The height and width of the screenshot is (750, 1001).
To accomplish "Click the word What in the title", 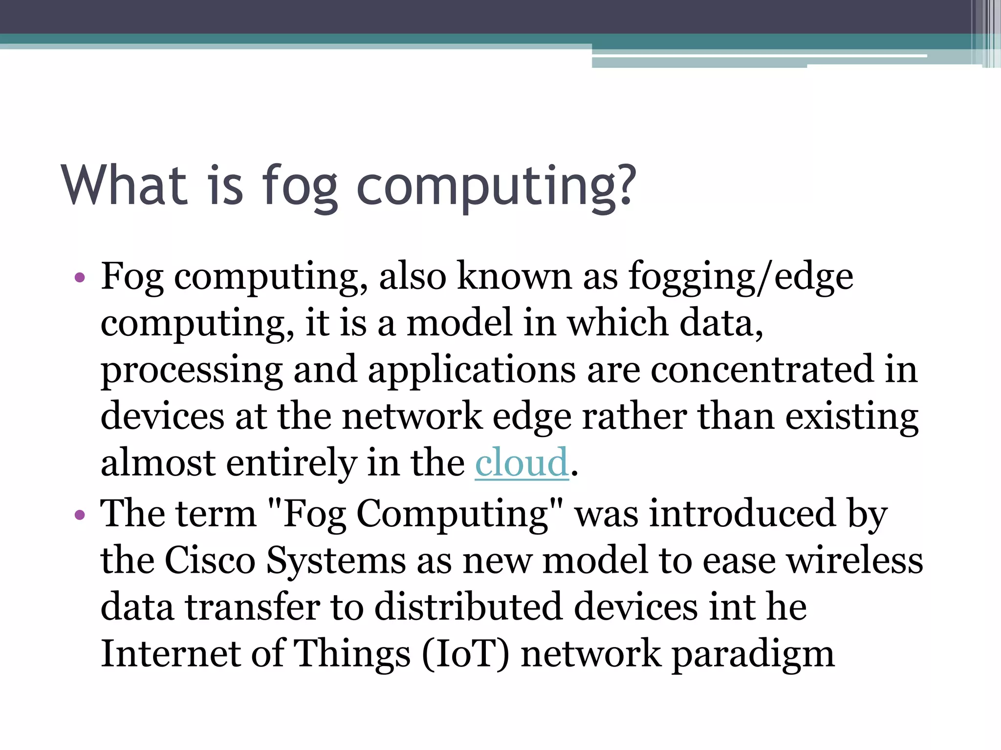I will (x=124, y=185).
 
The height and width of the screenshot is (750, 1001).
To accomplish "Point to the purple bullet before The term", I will (x=80, y=515).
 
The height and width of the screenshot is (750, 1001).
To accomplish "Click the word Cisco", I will (x=210, y=560).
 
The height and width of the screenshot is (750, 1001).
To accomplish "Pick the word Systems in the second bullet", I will (x=336, y=561).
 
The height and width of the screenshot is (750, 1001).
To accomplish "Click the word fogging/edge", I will (x=740, y=277).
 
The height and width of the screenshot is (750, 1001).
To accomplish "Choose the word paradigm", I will (x=753, y=655).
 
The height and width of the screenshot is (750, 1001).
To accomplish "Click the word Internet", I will (x=170, y=654).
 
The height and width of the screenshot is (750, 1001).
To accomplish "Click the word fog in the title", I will (x=300, y=186).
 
